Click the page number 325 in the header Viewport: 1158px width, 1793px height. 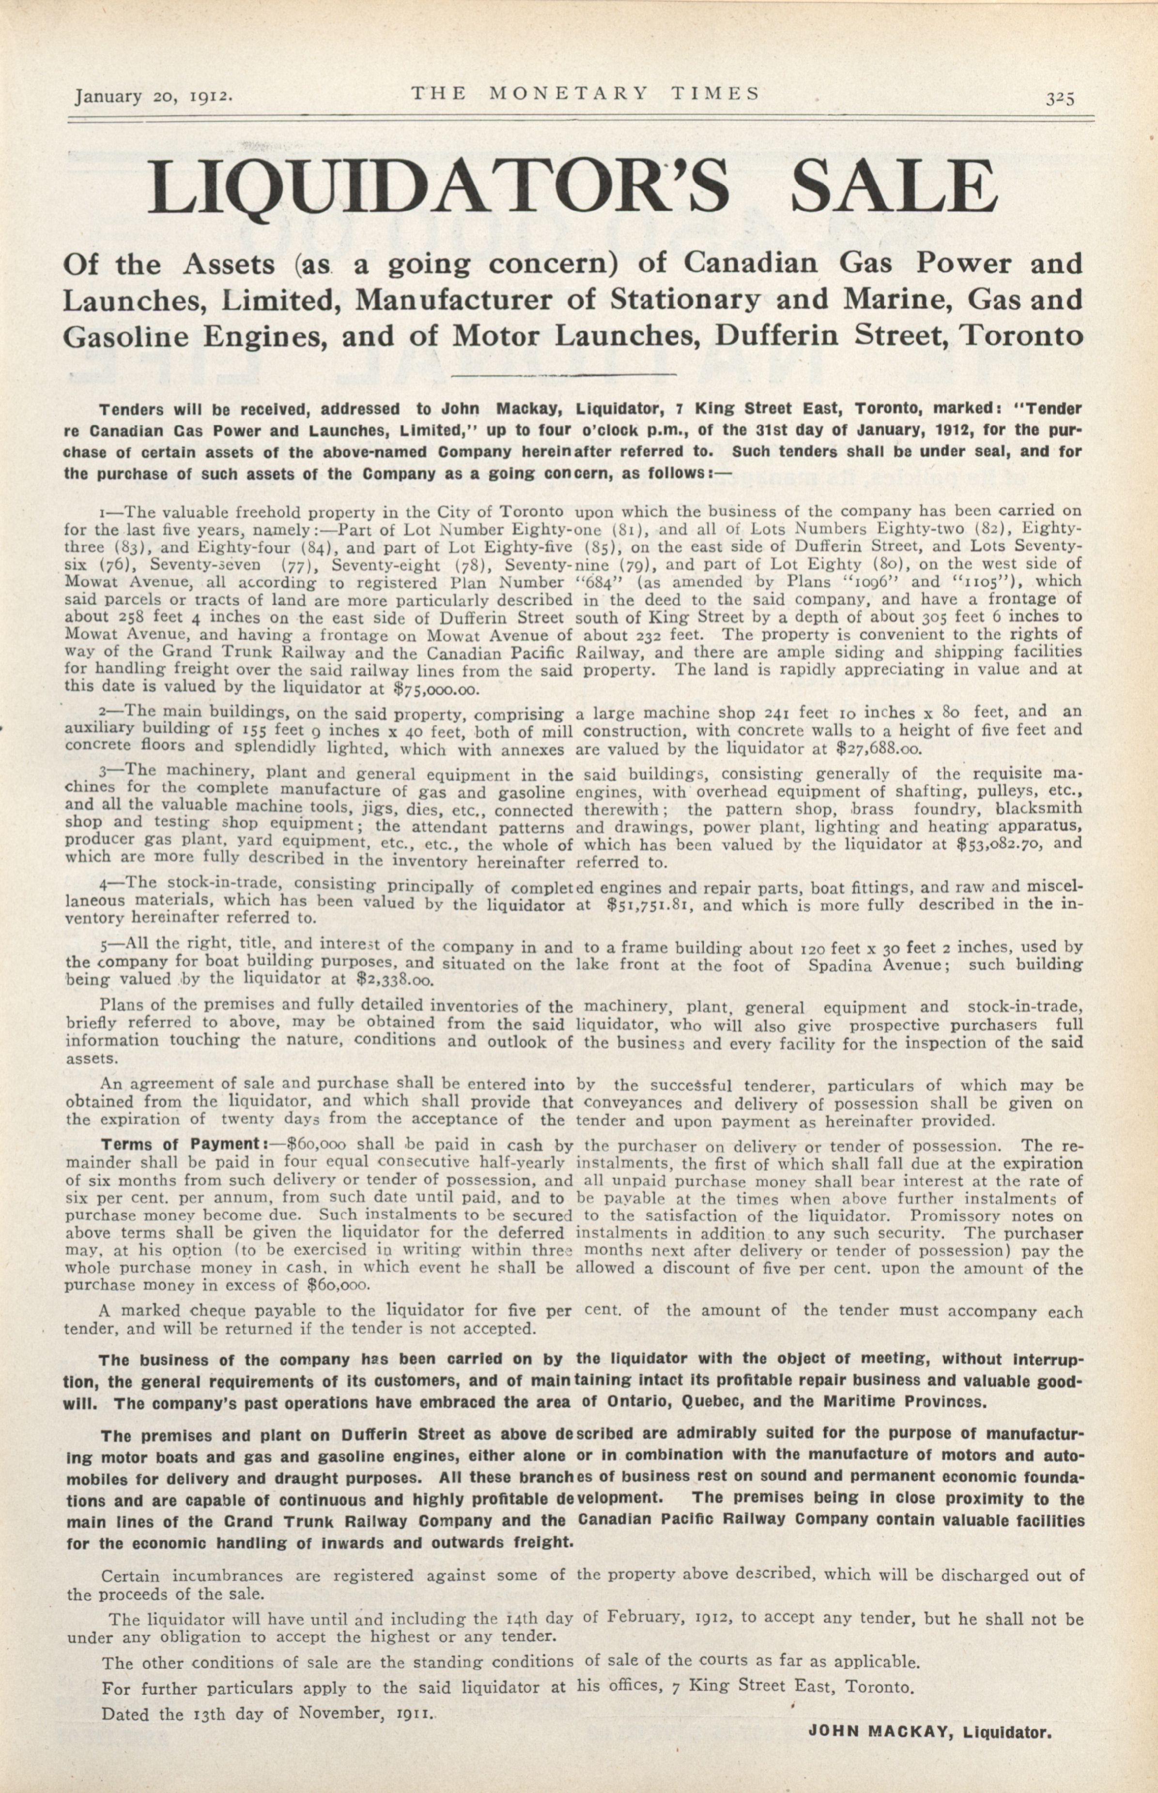1060,98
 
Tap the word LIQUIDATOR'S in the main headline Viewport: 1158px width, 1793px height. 438,186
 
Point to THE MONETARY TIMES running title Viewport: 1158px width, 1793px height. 585,93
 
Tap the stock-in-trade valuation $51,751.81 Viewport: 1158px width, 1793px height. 654,905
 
